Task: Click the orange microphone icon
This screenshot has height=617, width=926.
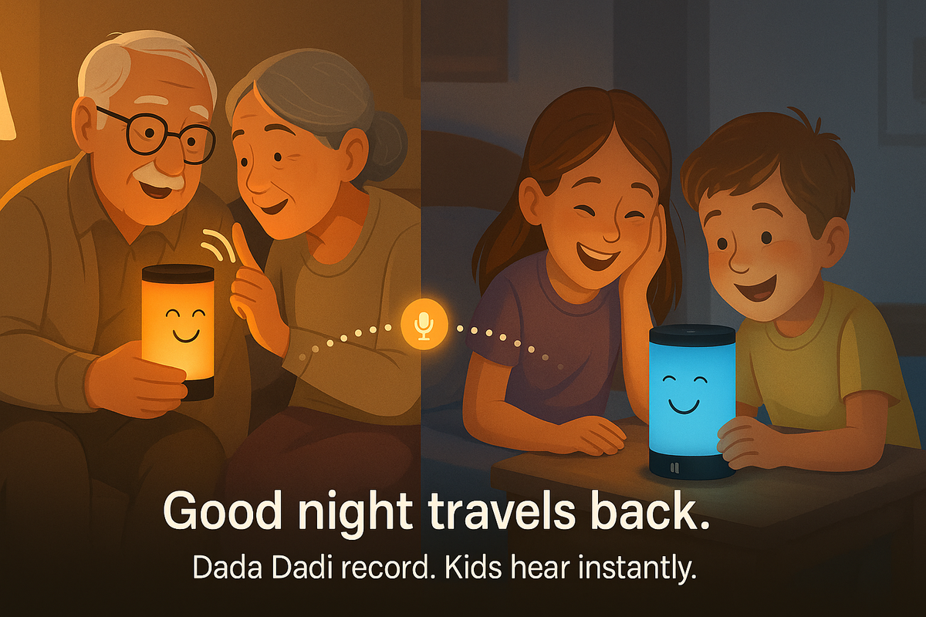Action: click(424, 325)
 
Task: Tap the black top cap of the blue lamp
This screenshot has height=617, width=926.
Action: click(692, 333)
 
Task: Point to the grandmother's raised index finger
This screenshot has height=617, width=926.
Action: click(238, 244)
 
